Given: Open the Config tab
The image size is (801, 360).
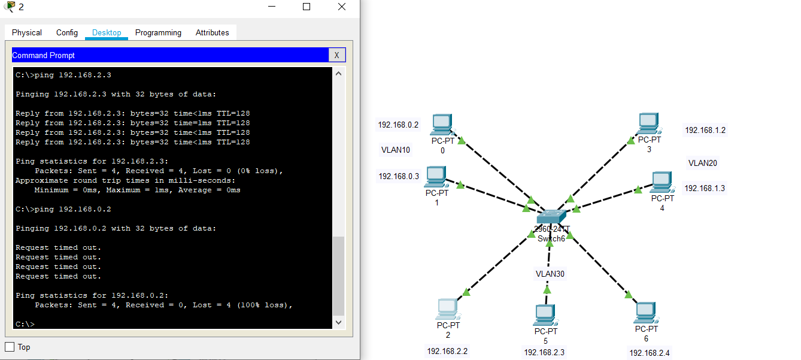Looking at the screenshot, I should tap(67, 32).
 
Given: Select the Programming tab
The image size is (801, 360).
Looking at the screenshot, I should tap(158, 32).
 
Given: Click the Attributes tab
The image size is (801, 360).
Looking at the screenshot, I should tap(212, 32).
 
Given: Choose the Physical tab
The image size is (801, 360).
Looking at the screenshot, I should tap(27, 32).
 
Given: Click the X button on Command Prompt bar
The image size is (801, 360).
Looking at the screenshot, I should tap(337, 55).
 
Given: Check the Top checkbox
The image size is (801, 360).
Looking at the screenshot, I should tap(10, 347).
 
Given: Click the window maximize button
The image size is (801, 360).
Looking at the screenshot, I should tap(307, 7).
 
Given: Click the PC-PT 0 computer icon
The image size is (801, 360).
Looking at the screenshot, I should tap(442, 125).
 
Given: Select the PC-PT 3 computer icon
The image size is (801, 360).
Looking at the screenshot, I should tap(648, 123).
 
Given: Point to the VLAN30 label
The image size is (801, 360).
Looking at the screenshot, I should tap(550, 274).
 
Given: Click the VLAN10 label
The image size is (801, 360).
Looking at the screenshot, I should tap(396, 150).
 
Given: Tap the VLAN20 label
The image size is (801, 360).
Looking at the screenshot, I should tap(703, 163).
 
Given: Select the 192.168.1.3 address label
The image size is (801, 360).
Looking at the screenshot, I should tap(705, 188).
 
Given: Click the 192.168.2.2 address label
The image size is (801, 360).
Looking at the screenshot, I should tap(447, 351).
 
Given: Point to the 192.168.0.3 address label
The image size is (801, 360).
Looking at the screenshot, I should tap(399, 176).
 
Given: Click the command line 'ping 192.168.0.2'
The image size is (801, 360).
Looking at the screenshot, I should tap(73, 209).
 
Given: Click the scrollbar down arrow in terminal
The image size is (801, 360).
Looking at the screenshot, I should tap(338, 322).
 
